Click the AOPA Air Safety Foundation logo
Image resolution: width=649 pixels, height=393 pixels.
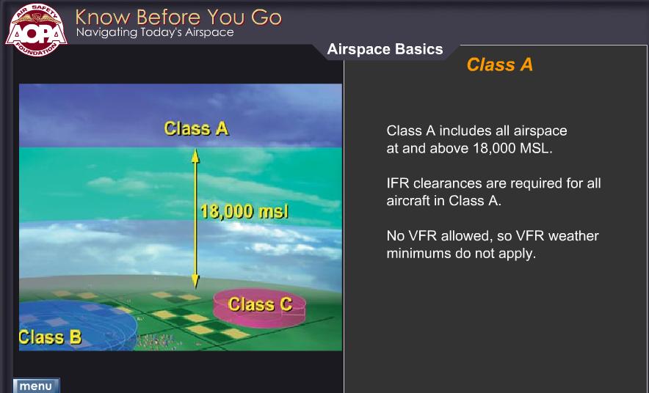click(x=37, y=30)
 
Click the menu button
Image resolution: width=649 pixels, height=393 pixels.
click(x=36, y=386)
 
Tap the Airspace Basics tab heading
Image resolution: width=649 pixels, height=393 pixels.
click(x=385, y=49)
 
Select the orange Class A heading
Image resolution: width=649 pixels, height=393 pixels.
click(x=499, y=65)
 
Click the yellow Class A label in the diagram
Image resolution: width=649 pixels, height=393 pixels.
click(x=196, y=128)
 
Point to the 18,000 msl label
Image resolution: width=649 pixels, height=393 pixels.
click(x=244, y=212)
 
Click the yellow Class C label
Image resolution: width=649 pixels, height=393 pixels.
click(x=260, y=304)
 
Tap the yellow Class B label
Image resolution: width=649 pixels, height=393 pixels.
click(x=50, y=337)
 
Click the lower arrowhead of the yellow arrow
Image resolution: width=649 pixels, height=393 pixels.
click(x=195, y=282)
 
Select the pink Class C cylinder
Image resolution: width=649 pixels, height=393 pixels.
click(x=259, y=308)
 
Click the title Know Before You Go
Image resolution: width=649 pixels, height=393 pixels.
click(x=178, y=17)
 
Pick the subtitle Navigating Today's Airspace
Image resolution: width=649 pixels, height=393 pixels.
click(x=155, y=32)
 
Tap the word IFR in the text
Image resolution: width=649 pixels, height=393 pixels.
click(x=398, y=183)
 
